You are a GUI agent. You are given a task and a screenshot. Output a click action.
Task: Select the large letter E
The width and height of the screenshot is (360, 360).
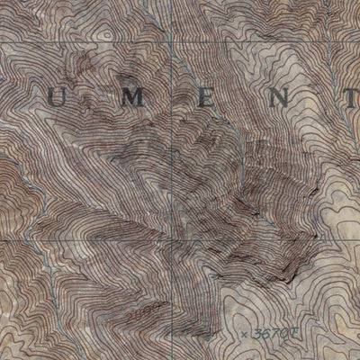click(206, 99)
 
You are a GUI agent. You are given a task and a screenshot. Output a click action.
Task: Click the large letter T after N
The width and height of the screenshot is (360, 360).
click(348, 100)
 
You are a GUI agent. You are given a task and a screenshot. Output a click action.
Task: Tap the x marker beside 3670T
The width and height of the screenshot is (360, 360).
click(245, 333)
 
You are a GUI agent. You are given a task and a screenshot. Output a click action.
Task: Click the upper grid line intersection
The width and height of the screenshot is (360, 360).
click(171, 43)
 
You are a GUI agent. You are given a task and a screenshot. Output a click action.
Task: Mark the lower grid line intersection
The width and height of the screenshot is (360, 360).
click(171, 239)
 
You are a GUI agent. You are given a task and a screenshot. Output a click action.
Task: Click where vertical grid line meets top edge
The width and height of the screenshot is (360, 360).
click(171, 0)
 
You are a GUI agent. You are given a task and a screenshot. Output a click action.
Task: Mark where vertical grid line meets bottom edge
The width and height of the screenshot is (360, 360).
click(171, 359)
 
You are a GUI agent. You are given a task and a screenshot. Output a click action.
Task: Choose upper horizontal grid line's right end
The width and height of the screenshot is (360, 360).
click(359, 44)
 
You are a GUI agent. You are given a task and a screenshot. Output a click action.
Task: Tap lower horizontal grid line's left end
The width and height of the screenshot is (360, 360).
click(0, 238)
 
